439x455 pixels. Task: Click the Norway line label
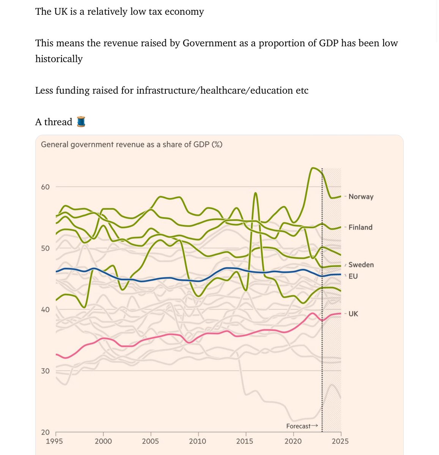pyautogui.click(x=361, y=196)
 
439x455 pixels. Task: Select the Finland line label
pyautogui.click(x=360, y=227)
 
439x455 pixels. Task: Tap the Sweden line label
pyautogui.click(x=361, y=265)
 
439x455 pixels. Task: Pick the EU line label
pyautogui.click(x=353, y=276)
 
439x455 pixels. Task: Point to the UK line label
pyautogui.click(x=353, y=314)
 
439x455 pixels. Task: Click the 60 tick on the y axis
pyautogui.click(x=45, y=187)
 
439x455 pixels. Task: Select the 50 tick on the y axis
pyautogui.click(x=45, y=248)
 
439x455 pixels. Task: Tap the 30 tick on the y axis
pyautogui.click(x=45, y=371)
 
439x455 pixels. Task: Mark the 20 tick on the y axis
pyautogui.click(x=45, y=432)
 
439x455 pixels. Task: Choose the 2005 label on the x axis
pyautogui.click(x=151, y=441)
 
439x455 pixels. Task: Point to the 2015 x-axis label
pyautogui.click(x=245, y=441)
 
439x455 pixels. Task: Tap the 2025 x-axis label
pyautogui.click(x=340, y=441)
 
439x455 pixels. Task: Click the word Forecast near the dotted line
pyautogui.click(x=298, y=426)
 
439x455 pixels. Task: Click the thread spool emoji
pyautogui.click(x=81, y=122)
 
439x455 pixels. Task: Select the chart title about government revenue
pyautogui.click(x=131, y=144)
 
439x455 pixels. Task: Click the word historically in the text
pyautogui.click(x=59, y=59)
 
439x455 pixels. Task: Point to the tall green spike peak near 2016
pyautogui.click(x=256, y=193)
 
